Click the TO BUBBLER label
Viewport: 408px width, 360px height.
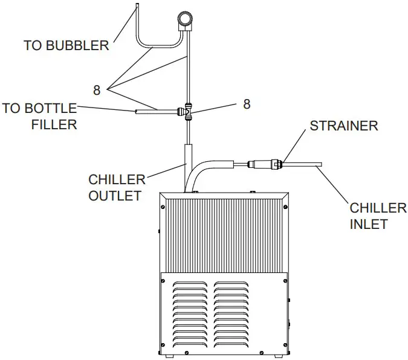pos(66,45)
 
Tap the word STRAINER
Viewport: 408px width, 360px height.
pos(344,126)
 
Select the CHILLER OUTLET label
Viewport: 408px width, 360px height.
pos(117,187)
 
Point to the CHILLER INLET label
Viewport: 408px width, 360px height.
pos(378,216)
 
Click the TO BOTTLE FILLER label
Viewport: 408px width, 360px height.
pos(40,117)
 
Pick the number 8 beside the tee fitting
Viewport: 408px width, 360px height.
pos(247,104)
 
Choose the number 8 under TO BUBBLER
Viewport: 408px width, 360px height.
pos(97,91)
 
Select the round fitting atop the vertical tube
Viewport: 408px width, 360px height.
pos(184,19)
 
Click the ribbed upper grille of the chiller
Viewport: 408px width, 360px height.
pos(224,236)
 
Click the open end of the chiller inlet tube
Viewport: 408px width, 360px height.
pos(320,163)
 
